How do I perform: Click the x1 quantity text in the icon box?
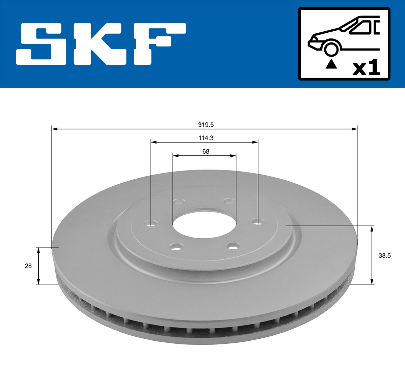tap(366, 68)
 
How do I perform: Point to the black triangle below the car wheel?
tap(331, 64)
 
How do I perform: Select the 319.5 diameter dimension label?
tap(206, 125)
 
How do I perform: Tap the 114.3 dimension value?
tap(206, 138)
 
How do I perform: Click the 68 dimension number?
tap(206, 151)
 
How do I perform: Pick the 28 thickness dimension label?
tap(28, 266)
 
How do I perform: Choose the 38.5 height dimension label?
tap(384, 255)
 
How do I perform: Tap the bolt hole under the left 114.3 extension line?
tap(151, 223)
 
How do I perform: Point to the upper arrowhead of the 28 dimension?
tap(38, 250)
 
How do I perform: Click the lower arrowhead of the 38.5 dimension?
tap(372, 281)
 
